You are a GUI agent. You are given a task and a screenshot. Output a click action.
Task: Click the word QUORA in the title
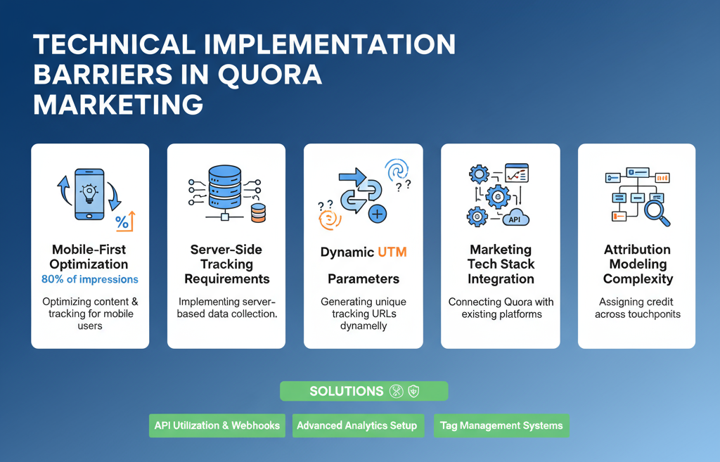point(269,75)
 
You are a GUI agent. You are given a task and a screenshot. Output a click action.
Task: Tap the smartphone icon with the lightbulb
point(89,194)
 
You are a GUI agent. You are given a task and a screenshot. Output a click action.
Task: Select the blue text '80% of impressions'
point(90,279)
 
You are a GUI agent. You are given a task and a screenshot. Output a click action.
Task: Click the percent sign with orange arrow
point(125,221)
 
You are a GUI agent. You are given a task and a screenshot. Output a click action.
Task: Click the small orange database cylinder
point(258,213)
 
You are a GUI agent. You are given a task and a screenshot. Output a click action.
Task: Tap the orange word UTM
point(392,252)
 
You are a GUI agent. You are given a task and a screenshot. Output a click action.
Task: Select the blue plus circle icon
point(378,214)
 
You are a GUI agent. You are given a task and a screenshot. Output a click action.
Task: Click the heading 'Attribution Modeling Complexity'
point(638,264)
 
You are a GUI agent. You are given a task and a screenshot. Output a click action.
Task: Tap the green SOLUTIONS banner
point(364,391)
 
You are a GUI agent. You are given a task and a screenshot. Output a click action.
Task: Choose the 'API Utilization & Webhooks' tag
point(217,425)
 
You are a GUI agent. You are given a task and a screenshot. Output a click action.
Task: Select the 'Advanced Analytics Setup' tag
point(358,425)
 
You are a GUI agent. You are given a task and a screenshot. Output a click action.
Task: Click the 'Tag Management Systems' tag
point(501,425)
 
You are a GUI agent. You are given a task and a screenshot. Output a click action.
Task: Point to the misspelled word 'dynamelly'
point(364,326)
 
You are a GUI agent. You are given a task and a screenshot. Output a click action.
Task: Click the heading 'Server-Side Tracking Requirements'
point(227,264)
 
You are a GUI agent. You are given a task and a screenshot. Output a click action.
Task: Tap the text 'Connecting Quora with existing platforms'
point(501,308)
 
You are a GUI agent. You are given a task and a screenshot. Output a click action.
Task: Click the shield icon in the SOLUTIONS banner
point(413,391)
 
